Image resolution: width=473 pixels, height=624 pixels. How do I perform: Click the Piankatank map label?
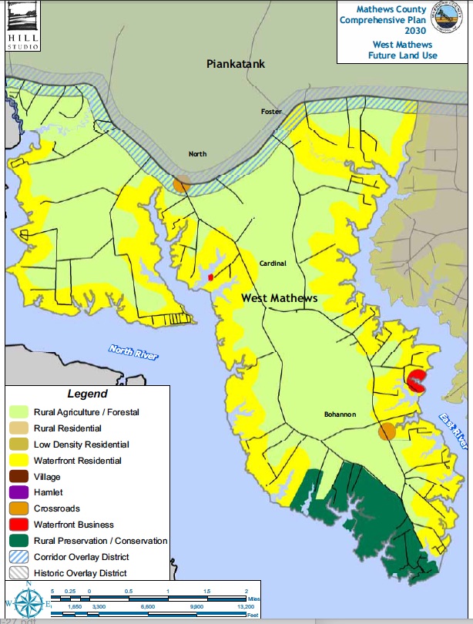click(236, 64)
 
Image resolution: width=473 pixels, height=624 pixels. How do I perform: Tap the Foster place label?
click(271, 112)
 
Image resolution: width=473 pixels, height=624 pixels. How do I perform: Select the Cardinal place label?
click(272, 263)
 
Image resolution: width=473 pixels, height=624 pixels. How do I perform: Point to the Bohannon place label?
click(339, 414)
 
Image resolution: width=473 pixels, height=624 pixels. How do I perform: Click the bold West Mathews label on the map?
click(279, 298)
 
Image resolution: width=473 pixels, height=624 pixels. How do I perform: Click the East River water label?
click(452, 431)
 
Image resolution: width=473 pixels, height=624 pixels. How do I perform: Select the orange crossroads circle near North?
click(182, 184)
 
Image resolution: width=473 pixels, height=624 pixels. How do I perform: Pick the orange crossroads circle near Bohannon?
click(387, 431)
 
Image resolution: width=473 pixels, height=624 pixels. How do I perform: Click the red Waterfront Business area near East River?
click(417, 379)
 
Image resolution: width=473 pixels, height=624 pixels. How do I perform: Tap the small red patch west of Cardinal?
click(210, 277)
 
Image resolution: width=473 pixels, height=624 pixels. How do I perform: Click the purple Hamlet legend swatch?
click(19, 492)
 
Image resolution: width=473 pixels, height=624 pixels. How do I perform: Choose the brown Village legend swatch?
click(19, 477)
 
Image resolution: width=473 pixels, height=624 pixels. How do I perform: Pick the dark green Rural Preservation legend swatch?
click(19, 541)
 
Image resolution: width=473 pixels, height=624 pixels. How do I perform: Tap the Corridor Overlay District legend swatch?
click(19, 557)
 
